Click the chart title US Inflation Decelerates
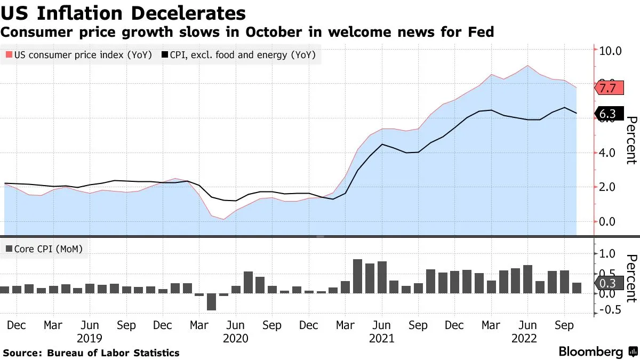123,13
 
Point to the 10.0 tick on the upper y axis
611,51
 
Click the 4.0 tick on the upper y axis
611,153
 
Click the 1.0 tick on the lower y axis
611,254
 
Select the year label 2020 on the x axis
235,338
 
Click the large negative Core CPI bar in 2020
211,301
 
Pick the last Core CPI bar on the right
577,288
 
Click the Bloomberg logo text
590,352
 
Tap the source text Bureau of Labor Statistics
113,353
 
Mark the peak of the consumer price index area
527,66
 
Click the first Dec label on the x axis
16,325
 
